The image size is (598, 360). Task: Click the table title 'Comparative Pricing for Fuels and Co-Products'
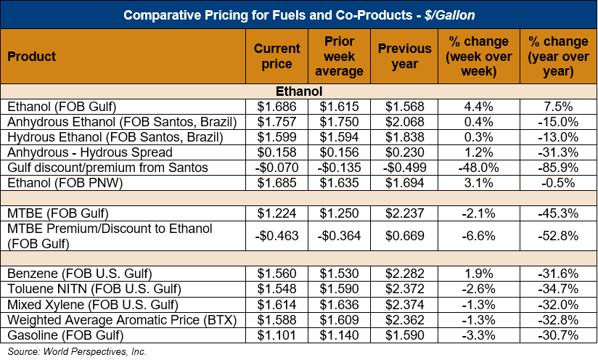click(x=299, y=15)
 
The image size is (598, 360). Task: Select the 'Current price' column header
click(x=277, y=57)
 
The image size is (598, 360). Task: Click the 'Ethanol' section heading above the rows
click(x=299, y=91)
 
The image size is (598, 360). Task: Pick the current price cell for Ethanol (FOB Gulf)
click(x=277, y=105)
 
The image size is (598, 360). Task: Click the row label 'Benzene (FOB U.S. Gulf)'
click(x=80, y=274)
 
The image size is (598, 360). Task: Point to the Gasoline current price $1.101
click(x=277, y=335)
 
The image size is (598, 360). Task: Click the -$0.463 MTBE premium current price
click(x=277, y=236)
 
